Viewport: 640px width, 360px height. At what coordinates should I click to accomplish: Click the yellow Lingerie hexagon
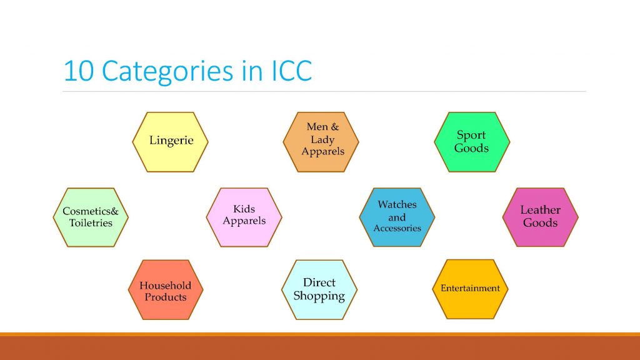tap(170, 142)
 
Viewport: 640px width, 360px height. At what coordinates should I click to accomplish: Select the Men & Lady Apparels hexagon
tap(321, 142)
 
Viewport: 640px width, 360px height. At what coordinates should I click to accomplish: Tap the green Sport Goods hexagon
tap(472, 142)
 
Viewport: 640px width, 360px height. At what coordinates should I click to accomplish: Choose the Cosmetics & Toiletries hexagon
tap(91, 217)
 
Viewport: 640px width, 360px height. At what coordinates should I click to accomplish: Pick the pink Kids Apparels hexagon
tap(244, 217)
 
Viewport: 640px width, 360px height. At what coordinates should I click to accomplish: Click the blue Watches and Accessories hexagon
tap(397, 217)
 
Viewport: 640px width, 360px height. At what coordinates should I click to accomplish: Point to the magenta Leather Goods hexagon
tap(541, 217)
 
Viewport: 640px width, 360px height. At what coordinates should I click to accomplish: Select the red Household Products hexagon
tap(166, 289)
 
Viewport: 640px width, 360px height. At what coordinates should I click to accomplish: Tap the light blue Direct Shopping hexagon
tap(319, 289)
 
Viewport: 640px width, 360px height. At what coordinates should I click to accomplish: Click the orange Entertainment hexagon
tap(470, 289)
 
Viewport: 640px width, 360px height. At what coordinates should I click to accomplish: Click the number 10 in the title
tap(79, 71)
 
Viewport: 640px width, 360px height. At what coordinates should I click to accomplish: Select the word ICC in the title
tap(292, 71)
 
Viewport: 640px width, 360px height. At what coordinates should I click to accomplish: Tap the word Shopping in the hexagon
tap(319, 296)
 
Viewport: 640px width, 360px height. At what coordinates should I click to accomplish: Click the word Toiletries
tap(91, 223)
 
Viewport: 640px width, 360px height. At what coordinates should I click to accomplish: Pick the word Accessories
tap(397, 228)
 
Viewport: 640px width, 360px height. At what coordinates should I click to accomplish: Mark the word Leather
tap(541, 210)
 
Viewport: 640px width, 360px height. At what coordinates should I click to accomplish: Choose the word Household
tap(165, 285)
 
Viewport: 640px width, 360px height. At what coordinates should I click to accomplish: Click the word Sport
tap(471, 136)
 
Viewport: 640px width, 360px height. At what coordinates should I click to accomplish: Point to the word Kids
tap(244, 209)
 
